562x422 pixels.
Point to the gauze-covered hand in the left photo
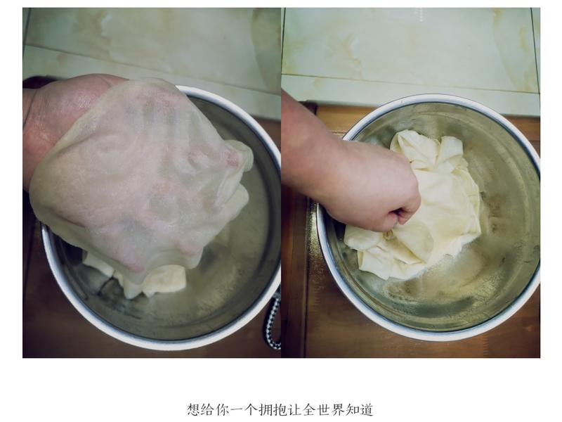[x=140, y=176]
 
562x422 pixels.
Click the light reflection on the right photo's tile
[x=421, y=14]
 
